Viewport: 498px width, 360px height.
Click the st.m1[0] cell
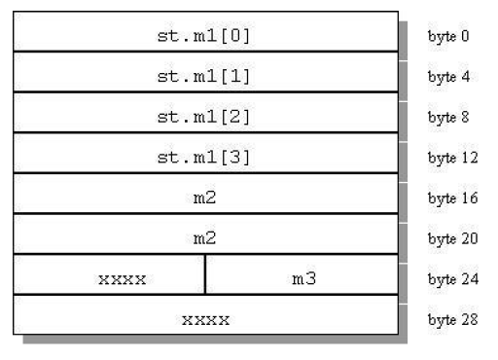coord(205,33)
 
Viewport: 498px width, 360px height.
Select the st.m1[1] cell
coord(205,74)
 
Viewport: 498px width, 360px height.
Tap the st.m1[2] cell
coord(205,115)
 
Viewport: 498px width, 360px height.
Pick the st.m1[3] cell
coord(205,156)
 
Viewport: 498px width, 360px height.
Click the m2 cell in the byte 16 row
coord(205,197)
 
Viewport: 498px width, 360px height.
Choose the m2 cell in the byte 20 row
coord(205,236)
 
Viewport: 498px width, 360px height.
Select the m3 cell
coord(302,277)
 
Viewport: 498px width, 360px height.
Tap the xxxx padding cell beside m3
coord(122,278)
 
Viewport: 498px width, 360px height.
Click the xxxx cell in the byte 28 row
coord(205,318)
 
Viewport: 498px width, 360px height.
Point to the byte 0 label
coord(447,36)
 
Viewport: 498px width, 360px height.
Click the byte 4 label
coord(447,77)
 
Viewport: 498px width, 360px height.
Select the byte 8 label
coord(447,118)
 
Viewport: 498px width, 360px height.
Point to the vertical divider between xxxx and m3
coord(205,276)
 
